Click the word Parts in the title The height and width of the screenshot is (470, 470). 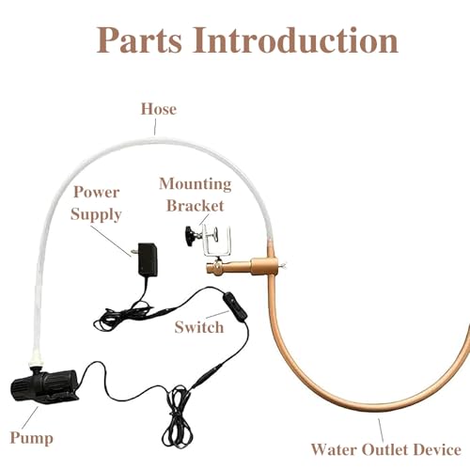pos(139,40)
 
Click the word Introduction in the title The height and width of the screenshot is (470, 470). pos(295,39)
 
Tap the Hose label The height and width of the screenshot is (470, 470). pos(159,109)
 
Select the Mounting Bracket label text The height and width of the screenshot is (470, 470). pos(196,195)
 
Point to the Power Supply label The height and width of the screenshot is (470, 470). pos(96,203)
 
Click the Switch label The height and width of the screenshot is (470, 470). pos(199,327)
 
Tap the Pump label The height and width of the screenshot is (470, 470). pos(31,438)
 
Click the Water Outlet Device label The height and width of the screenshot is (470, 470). pos(385,449)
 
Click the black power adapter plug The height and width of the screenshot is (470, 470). pos(147,259)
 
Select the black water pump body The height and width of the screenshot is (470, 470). pos(44,384)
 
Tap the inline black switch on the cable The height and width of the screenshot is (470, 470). pos(235,306)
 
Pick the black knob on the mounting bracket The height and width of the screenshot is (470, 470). pos(190,235)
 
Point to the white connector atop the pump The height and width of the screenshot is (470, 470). pos(35,360)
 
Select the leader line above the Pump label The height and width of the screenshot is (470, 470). pos(30,417)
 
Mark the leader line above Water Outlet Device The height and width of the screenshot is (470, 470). pos(381,431)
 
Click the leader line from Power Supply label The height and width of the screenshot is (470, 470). pos(111,241)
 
